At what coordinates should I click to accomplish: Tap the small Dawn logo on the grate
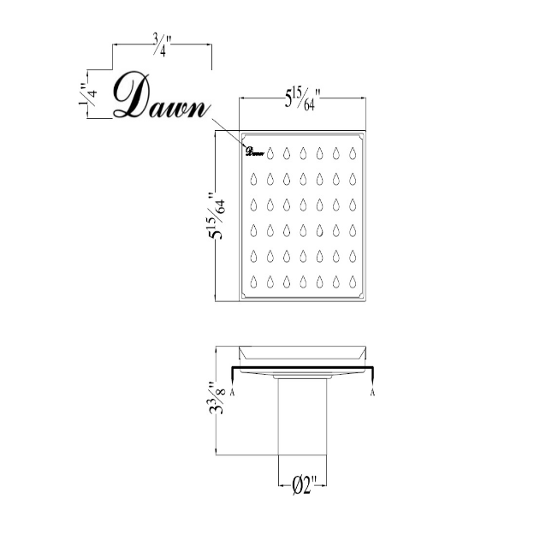click(x=253, y=153)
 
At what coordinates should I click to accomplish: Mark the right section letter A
click(x=373, y=393)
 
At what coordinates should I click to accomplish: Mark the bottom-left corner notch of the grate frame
click(x=245, y=295)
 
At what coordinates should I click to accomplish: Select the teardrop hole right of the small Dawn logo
click(x=270, y=154)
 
